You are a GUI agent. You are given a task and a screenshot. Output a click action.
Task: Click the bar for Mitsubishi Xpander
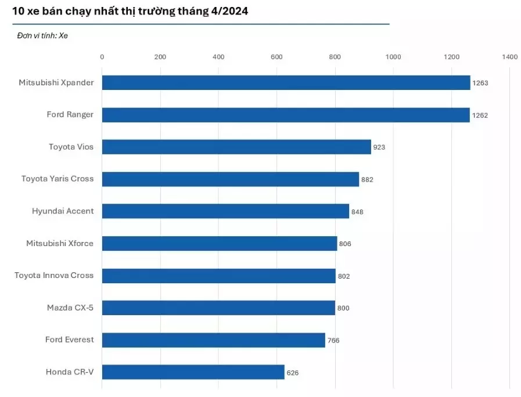pyautogui.click(x=286, y=82)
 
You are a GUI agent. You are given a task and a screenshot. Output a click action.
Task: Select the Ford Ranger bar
pyautogui.click(x=286, y=115)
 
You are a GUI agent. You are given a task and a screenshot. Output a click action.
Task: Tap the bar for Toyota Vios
pyautogui.click(x=236, y=147)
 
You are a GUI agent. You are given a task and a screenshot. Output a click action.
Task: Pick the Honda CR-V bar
pyautogui.click(x=193, y=372)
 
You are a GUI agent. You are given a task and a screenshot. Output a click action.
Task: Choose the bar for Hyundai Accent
pyautogui.click(x=225, y=211)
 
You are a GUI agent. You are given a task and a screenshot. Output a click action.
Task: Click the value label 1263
pyautogui.click(x=480, y=83)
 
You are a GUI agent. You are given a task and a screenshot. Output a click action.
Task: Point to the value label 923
pyautogui.click(x=379, y=147)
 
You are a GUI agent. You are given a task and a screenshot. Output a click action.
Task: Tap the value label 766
pyautogui.click(x=333, y=341)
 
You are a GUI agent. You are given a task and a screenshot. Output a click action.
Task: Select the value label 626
pyautogui.click(x=293, y=373)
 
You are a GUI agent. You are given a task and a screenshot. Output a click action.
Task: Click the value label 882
pyautogui.click(x=367, y=180)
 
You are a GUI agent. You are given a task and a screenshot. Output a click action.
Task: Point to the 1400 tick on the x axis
pyautogui.click(x=509, y=57)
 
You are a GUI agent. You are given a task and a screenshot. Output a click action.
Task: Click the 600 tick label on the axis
pyautogui.click(x=276, y=57)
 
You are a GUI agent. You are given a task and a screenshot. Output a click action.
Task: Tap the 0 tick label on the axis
pyautogui.click(x=102, y=57)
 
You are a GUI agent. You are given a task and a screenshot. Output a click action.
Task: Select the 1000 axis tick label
pyautogui.click(x=393, y=57)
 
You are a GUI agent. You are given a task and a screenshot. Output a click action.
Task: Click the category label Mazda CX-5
pyautogui.click(x=70, y=308)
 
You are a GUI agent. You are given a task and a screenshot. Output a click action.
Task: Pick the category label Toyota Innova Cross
pyautogui.click(x=54, y=275)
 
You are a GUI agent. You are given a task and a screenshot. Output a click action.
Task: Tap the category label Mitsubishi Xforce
pyautogui.click(x=60, y=243)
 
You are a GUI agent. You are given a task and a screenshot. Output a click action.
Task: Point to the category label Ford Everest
pyautogui.click(x=69, y=340)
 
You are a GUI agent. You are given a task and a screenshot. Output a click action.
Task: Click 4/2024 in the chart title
pyautogui.click(x=228, y=11)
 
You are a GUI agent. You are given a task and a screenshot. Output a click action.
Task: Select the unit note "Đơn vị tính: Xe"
pyautogui.click(x=42, y=35)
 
